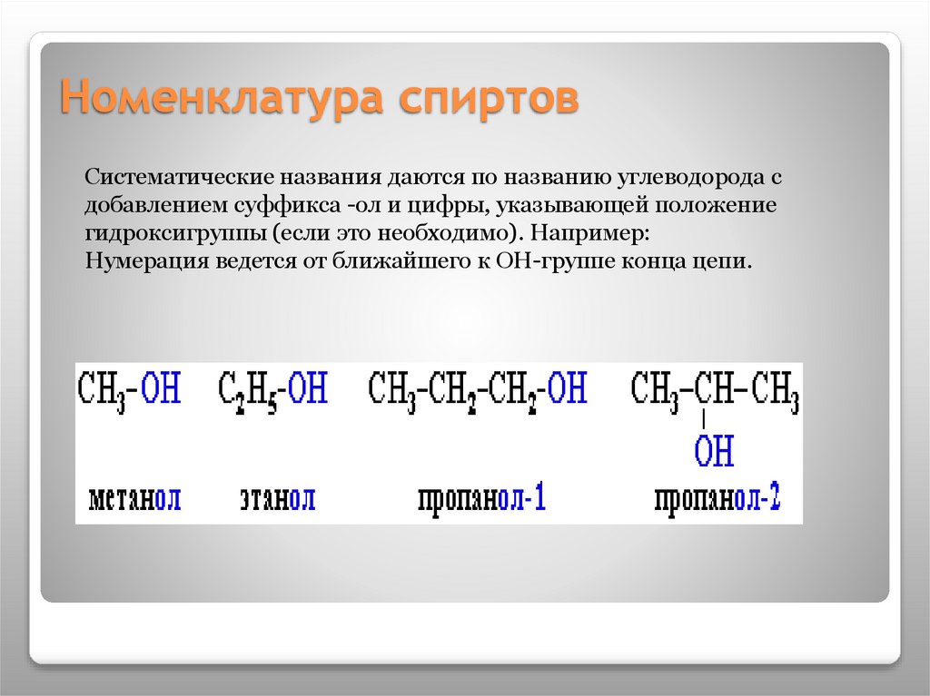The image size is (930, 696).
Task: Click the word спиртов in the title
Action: tap(489, 97)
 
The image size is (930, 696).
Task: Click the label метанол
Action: tap(135, 498)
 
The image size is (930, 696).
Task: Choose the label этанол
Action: tap(277, 498)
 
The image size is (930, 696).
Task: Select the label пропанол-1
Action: tap(481, 498)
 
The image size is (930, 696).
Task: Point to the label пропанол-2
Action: tap(717, 498)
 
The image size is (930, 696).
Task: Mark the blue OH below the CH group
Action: tap(715, 450)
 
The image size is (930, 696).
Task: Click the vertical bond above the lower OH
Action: tap(704, 419)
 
